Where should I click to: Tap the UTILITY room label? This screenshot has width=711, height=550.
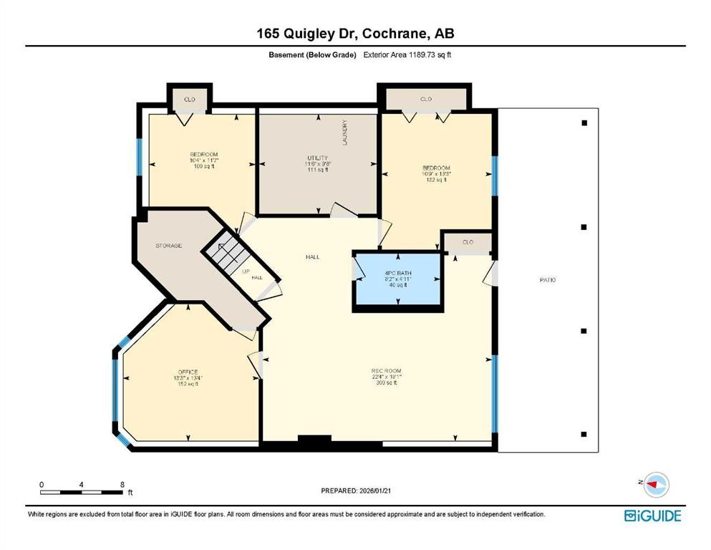pyautogui.click(x=317, y=158)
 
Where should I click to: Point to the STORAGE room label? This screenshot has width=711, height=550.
pyautogui.click(x=169, y=246)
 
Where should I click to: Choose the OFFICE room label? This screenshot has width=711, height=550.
pyautogui.click(x=188, y=372)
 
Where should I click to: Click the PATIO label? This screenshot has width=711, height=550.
pyautogui.click(x=548, y=280)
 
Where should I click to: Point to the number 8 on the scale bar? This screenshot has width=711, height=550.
pyautogui.click(x=122, y=485)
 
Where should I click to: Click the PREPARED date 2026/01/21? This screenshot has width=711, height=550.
pyautogui.click(x=355, y=491)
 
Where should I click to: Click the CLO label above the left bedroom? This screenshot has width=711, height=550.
pyautogui.click(x=188, y=99)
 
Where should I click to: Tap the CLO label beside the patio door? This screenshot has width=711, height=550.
pyautogui.click(x=468, y=242)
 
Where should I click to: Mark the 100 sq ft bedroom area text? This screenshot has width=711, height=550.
pyautogui.click(x=203, y=166)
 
